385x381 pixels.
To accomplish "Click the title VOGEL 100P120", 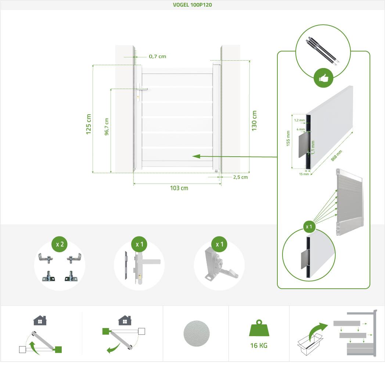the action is [x=192, y=5].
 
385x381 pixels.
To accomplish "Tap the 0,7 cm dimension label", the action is [x=157, y=57].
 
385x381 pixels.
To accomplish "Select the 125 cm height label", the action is [x=89, y=124].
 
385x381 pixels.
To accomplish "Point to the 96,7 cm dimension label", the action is [x=107, y=127].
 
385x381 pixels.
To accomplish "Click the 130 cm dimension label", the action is [x=254, y=121].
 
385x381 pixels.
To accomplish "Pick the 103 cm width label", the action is [x=179, y=188].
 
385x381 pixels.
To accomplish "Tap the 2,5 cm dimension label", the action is [x=240, y=177].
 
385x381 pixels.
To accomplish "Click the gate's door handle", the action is [x=142, y=89].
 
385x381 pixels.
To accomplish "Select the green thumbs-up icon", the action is [x=323, y=78].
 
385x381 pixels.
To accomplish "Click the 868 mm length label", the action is [x=337, y=156].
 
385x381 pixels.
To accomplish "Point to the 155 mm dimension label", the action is [x=288, y=138].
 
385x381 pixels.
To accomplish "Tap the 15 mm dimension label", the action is [x=304, y=174].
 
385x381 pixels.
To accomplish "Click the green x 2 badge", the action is [x=60, y=244].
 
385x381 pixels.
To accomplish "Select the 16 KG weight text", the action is [x=259, y=345].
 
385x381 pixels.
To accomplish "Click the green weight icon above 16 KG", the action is [x=259, y=328].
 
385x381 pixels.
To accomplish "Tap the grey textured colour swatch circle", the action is [x=197, y=333].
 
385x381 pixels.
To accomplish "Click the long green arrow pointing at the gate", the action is [x=235, y=156].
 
